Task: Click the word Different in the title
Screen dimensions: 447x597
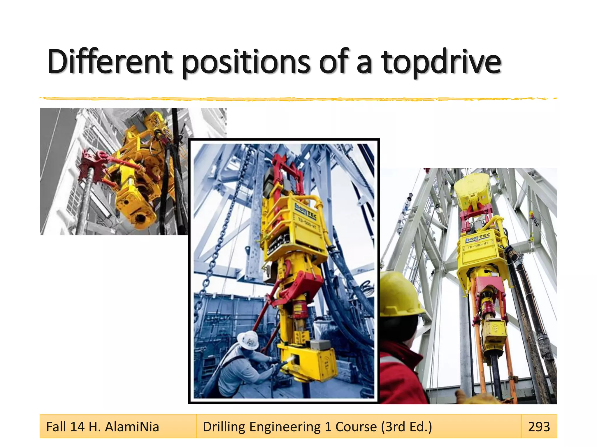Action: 110,62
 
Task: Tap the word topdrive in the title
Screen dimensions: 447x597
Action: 441,62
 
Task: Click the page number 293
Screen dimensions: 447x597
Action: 539,427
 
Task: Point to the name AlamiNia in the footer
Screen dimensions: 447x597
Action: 132,427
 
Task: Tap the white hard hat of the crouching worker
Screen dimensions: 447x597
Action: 247,340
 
